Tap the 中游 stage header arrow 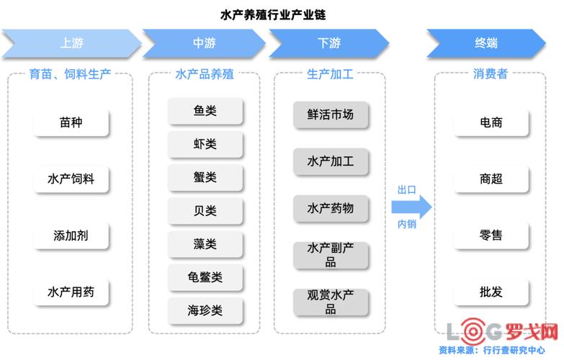[x=205, y=43]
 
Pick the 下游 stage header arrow [x=329, y=43]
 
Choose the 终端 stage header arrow [x=485, y=43]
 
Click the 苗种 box [x=71, y=122]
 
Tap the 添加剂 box [x=71, y=235]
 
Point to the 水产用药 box [x=71, y=292]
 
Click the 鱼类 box [x=205, y=111]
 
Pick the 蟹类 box [x=205, y=177]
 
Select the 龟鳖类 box [x=205, y=277]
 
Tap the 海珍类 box [x=205, y=310]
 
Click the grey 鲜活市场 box [x=331, y=114]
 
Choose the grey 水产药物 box [x=331, y=208]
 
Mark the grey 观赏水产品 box [x=331, y=302]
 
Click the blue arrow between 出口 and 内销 [x=411, y=207]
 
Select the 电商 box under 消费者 [x=491, y=122]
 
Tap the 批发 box [x=491, y=292]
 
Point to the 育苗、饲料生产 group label [x=71, y=74]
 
